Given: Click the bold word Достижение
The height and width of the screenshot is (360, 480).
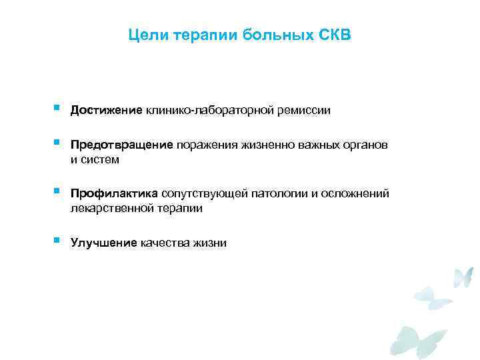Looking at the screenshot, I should (x=107, y=110).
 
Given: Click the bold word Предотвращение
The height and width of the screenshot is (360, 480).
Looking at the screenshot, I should (x=122, y=145).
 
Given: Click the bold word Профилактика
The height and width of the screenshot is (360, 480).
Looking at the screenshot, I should (x=114, y=193).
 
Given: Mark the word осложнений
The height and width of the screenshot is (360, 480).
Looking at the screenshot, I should (x=355, y=193).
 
